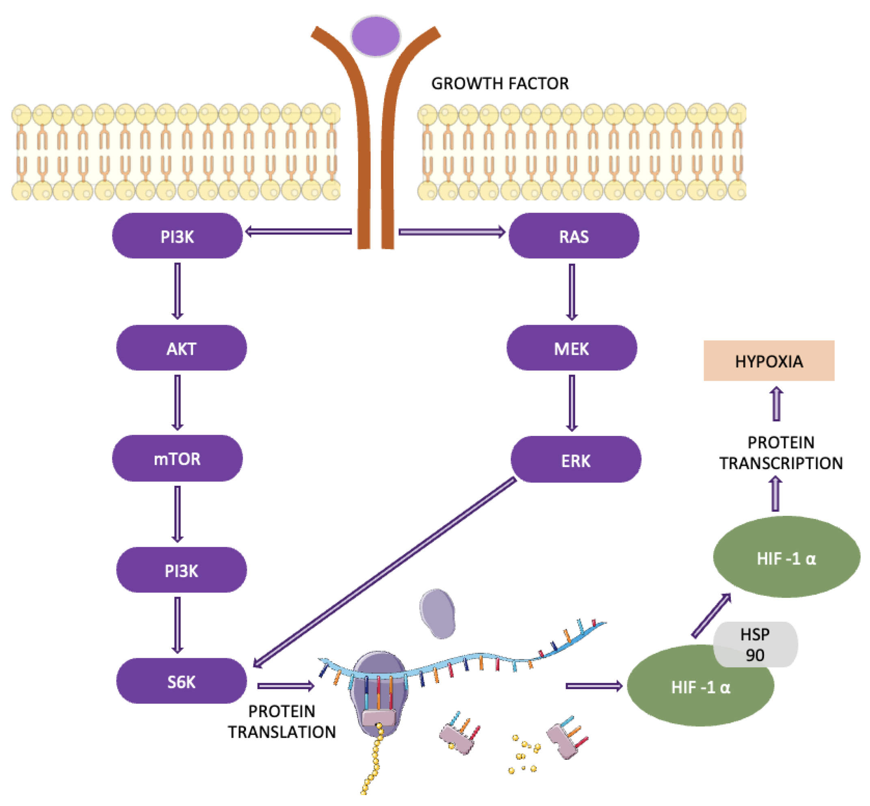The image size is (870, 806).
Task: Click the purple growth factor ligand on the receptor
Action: [x=375, y=36]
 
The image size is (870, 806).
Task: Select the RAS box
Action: [x=573, y=236]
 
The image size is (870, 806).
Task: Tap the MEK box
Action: [x=571, y=348]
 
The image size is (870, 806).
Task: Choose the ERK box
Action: [x=576, y=460]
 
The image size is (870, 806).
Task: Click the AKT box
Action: [x=181, y=348]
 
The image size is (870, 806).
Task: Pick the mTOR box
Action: [x=177, y=458]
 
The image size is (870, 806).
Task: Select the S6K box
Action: [x=181, y=681]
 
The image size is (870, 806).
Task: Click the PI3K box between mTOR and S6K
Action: [x=181, y=570]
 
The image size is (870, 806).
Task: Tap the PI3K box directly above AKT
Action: [x=177, y=236]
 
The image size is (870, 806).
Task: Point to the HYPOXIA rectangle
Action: [x=769, y=361]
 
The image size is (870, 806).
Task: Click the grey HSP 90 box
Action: [x=755, y=644]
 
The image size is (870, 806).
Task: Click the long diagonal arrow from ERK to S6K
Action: [x=384, y=572]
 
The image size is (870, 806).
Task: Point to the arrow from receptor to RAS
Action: [x=451, y=232]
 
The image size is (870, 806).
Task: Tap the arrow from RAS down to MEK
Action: [x=572, y=291]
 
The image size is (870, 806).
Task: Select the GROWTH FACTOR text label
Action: [x=500, y=83]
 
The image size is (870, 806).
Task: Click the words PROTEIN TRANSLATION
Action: [x=282, y=722]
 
